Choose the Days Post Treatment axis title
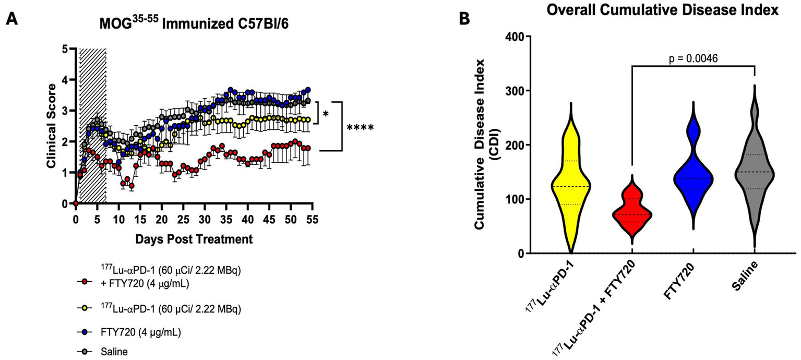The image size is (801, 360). point(194,239)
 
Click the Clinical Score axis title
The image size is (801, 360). point(51,126)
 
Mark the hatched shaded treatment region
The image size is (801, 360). point(92,125)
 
